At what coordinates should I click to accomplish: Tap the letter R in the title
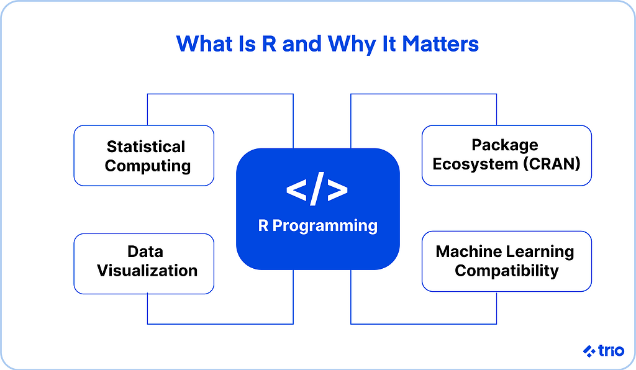(x=269, y=44)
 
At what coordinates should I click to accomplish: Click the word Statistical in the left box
(x=146, y=147)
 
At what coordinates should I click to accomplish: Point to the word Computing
(x=148, y=166)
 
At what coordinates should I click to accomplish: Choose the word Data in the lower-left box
(x=145, y=251)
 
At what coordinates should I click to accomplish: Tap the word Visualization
(x=147, y=271)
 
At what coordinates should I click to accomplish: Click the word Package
(x=505, y=145)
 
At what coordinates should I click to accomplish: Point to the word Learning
(x=540, y=251)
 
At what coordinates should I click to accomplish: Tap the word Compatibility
(x=507, y=271)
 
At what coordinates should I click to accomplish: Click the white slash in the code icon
(x=317, y=190)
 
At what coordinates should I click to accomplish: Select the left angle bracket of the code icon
(x=296, y=191)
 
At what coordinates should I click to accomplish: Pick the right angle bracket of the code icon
(x=338, y=191)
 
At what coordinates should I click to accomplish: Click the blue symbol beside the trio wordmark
(x=589, y=351)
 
